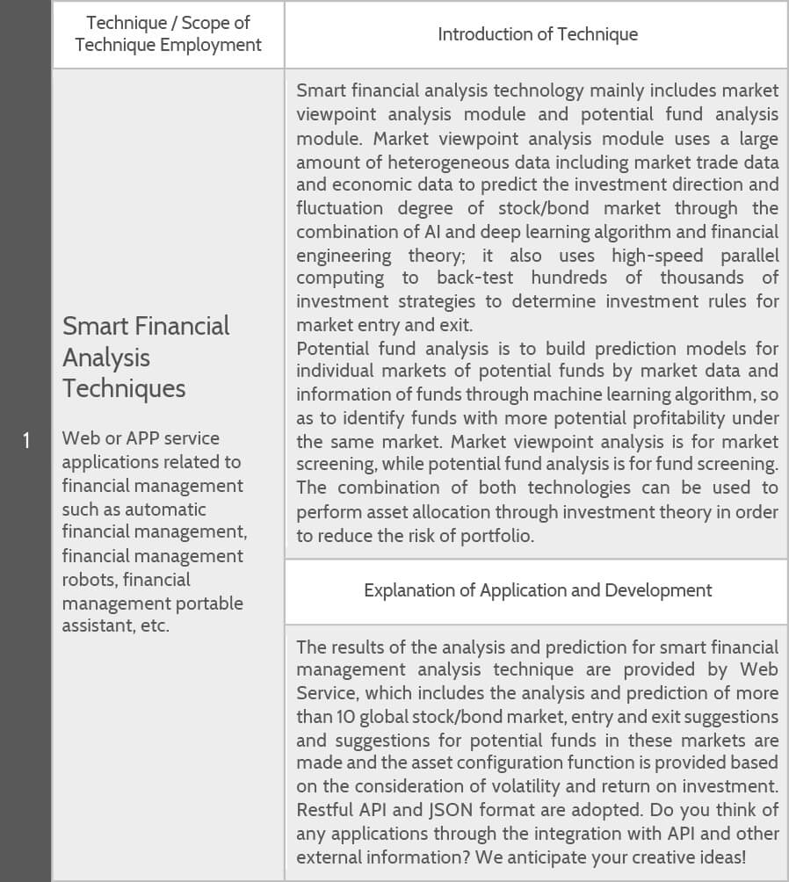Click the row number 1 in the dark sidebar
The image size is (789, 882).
click(26, 440)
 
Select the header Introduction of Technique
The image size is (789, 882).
click(538, 34)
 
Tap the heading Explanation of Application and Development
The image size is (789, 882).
click(538, 590)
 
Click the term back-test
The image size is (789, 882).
click(475, 278)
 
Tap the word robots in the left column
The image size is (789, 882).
click(87, 580)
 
